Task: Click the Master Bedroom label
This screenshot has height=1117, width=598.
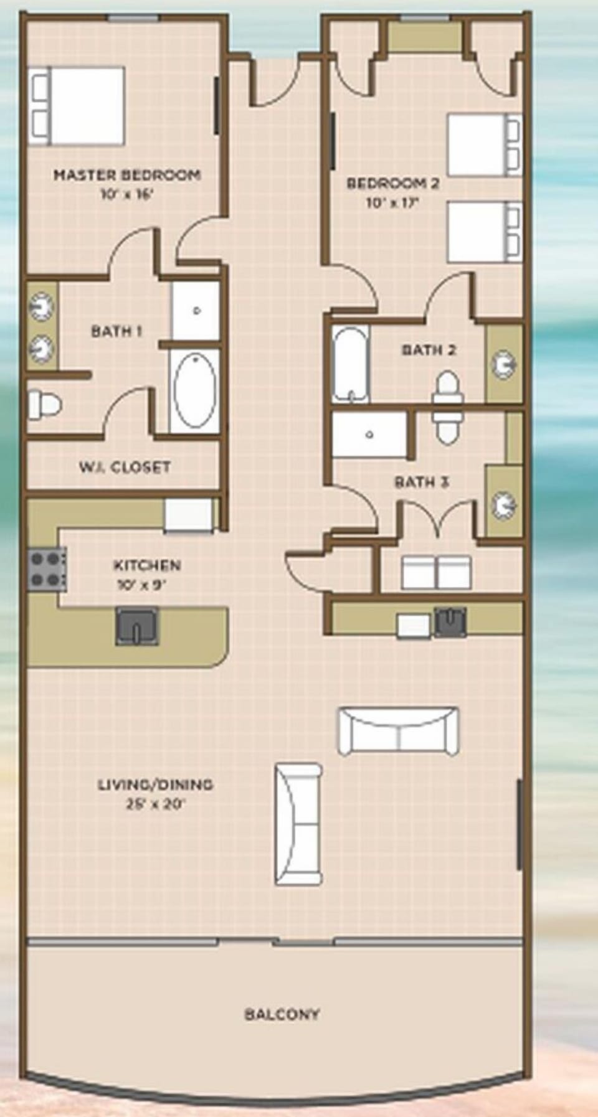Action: point(127,175)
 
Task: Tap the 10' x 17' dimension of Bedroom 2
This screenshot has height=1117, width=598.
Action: point(392,203)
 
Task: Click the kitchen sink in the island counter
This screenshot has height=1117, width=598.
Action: point(137,626)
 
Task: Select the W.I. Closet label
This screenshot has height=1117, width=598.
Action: point(125,467)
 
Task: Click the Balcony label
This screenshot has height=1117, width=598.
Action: point(282,1014)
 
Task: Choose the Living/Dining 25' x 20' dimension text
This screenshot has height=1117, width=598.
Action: point(156,804)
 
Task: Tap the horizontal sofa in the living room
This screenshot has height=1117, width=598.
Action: point(398,731)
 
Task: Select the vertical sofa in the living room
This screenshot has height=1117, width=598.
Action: point(298,823)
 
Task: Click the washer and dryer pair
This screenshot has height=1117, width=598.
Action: point(436,572)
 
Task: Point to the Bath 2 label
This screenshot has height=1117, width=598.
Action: point(429,350)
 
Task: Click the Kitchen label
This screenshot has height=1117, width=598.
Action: point(147,565)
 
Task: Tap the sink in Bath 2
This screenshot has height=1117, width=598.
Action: point(503,364)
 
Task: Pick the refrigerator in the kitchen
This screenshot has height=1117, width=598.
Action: point(188,516)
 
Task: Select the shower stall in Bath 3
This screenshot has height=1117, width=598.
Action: point(369,435)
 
